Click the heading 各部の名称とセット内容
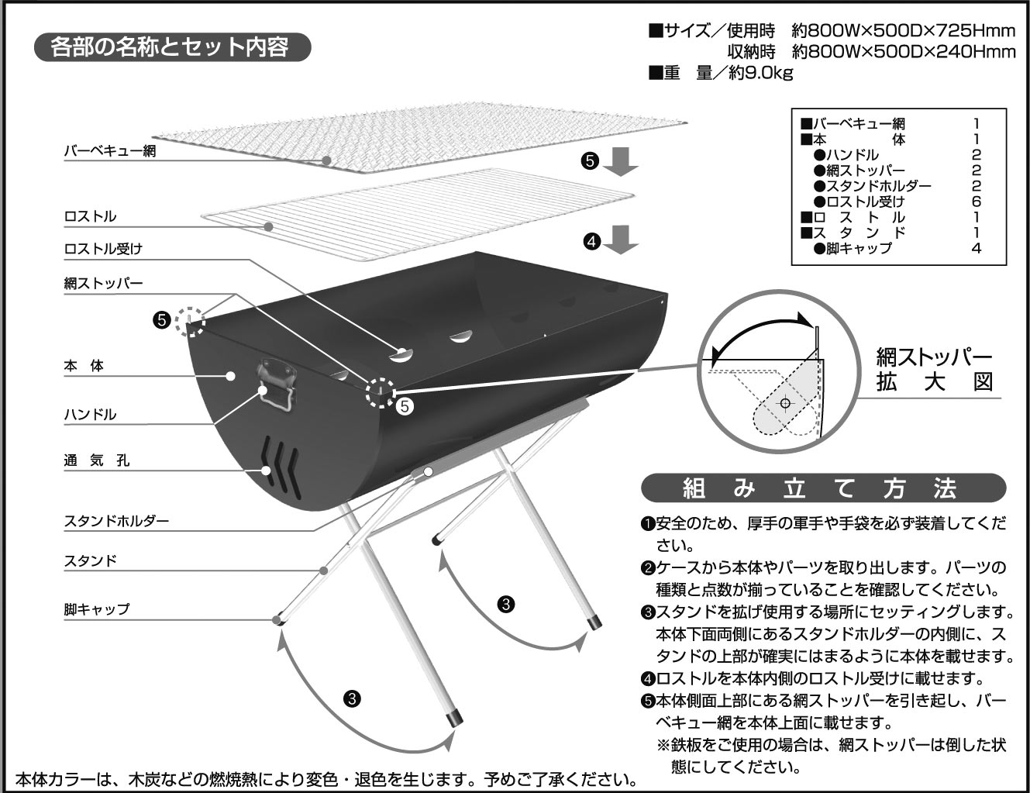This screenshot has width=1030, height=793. [171, 47]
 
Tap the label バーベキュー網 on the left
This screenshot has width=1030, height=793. [110, 151]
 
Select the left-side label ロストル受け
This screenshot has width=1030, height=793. [103, 249]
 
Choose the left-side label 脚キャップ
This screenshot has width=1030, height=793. [97, 609]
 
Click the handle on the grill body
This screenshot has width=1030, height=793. [277, 384]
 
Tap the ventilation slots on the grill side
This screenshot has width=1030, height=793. [281, 465]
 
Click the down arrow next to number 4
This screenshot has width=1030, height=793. [622, 240]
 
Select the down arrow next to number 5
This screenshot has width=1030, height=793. [621, 160]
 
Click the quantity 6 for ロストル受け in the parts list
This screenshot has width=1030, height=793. [976, 202]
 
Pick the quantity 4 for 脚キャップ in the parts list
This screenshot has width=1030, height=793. [976, 248]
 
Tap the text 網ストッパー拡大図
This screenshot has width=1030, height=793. [934, 370]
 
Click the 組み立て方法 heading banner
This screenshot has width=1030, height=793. [823, 488]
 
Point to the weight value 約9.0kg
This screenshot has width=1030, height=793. [743, 73]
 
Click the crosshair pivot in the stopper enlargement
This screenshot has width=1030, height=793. [785, 403]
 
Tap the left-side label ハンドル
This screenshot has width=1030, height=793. [90, 415]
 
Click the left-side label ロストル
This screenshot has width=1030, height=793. [90, 216]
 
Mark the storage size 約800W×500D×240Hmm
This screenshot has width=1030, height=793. [903, 52]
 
